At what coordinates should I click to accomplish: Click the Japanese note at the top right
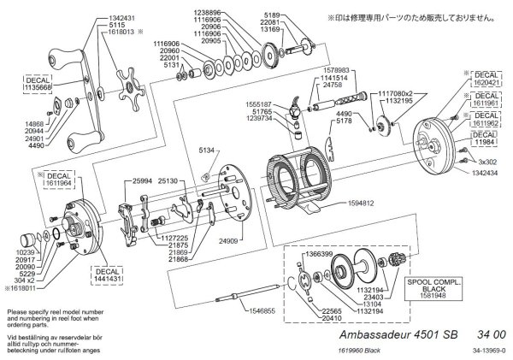pyautogui.click(x=414, y=16)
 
